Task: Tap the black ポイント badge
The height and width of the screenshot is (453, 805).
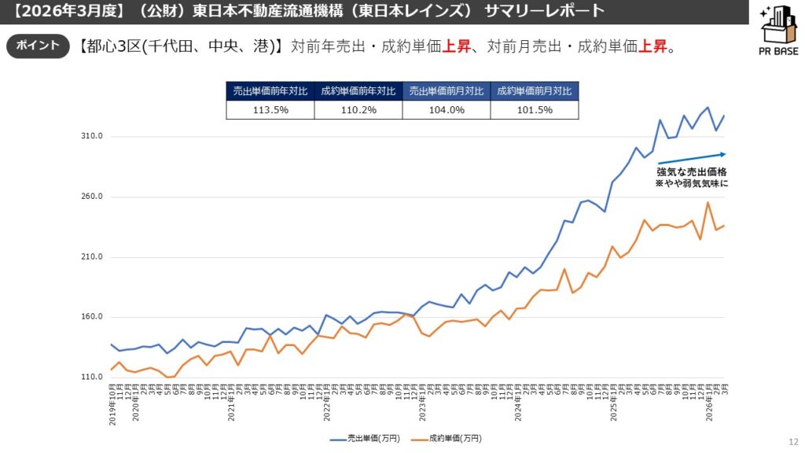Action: [x=38, y=46]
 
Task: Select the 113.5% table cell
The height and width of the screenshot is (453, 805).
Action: [x=270, y=110]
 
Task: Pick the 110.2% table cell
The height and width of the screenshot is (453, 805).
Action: [x=358, y=110]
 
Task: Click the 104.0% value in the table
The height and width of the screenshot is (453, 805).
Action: [x=446, y=110]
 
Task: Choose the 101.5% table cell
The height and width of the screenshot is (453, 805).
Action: [x=534, y=110]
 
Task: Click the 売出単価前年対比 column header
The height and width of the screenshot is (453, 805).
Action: [x=270, y=90]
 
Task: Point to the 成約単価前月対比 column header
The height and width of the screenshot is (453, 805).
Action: [x=534, y=90]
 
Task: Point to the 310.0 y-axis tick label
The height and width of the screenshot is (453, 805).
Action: [x=92, y=137]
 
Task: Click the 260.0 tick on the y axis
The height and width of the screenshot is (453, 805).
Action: [x=92, y=197]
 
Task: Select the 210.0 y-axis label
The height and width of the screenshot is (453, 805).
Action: [x=92, y=257]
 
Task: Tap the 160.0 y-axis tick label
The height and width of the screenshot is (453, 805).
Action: [x=92, y=317]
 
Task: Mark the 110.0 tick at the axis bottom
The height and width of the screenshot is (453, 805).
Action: [x=92, y=377]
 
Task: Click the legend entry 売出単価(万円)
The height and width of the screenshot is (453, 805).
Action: [x=365, y=438]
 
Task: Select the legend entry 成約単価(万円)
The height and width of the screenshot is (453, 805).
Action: [x=447, y=438]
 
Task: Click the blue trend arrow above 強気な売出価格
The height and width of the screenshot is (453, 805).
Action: [x=691, y=158]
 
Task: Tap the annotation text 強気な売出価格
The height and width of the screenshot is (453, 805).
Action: [x=692, y=171]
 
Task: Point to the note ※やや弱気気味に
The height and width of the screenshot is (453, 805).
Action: [x=692, y=183]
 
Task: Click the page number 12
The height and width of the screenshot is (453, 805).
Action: [x=792, y=442]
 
